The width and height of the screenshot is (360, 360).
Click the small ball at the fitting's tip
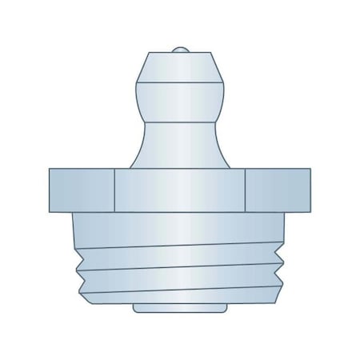pos(180,50)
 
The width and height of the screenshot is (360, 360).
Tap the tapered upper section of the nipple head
pos(180,66)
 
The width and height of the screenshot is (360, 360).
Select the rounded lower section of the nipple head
pos(180,96)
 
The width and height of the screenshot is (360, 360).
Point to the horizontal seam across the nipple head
pos(180,82)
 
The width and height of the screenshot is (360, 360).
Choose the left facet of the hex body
pos(82,190)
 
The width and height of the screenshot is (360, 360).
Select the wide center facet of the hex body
pos(180,190)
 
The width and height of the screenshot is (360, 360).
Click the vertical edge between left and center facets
pos(115,190)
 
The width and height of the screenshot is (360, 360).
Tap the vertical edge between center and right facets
pos(245,190)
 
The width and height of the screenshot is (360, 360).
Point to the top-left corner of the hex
pos(50,170)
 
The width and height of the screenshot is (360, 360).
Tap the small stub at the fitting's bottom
pos(180,309)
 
